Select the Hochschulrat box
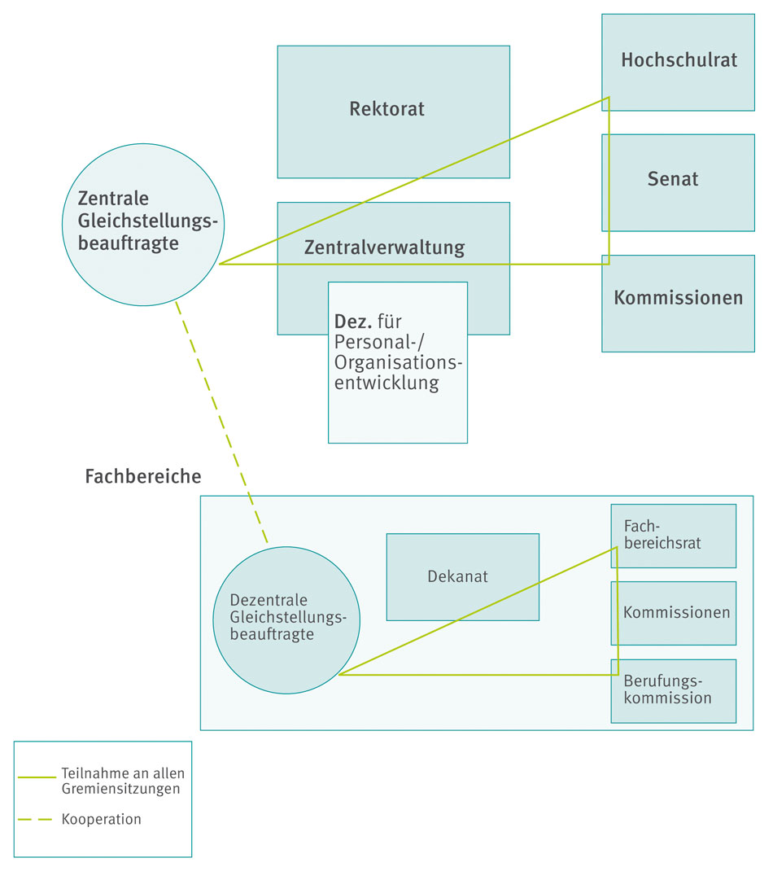coord(678,61)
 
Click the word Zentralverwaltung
coord(384,247)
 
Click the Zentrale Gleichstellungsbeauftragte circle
coord(142,224)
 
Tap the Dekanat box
coord(462,576)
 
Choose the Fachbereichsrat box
coord(674,535)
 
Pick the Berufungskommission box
coord(674,690)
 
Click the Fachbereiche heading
coord(142,476)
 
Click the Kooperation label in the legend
coord(101,820)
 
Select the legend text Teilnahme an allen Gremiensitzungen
coord(122,781)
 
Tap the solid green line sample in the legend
coord(37,777)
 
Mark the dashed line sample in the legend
coord(36,819)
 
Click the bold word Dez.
coord(353,321)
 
